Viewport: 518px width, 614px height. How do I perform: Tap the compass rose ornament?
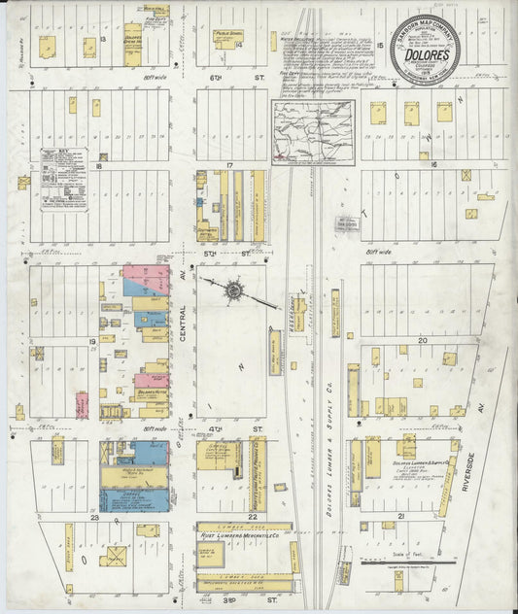coord(235,290)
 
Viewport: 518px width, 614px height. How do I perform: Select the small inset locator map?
coord(313,131)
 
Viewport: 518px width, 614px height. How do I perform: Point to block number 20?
coord(422,341)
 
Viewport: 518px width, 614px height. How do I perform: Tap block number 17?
coord(229,166)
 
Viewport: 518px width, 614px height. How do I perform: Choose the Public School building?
coord(228,39)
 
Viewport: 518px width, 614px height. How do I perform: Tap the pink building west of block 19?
coord(82,405)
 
